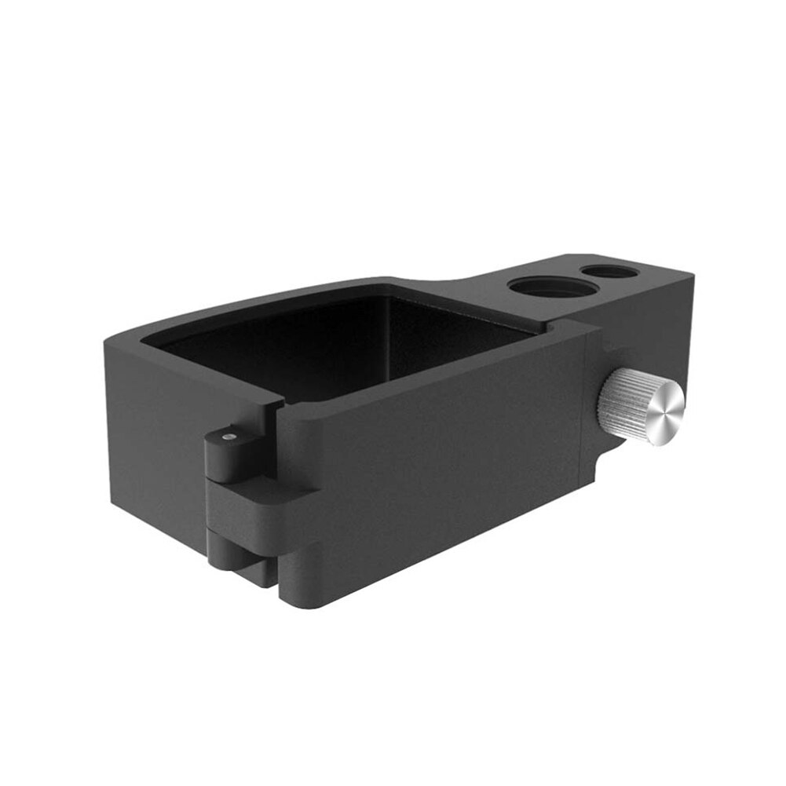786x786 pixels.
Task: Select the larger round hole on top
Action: point(551,287)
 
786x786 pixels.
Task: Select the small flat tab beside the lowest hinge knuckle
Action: point(263,569)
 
